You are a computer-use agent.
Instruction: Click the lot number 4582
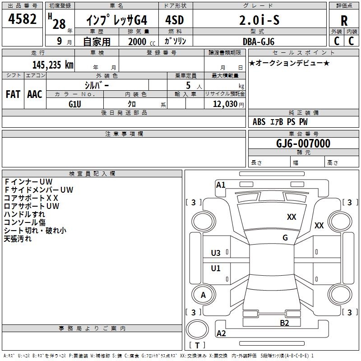pos(22,19)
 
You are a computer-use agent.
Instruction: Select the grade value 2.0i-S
pos(259,20)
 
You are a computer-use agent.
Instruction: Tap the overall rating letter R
pos(344,21)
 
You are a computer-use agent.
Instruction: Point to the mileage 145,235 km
pos(53,65)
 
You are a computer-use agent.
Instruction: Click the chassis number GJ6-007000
pos(303,143)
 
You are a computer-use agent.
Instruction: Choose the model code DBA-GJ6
pos(258,42)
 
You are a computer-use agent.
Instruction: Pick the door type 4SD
pos(175,20)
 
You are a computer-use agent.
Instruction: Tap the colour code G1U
pos(75,104)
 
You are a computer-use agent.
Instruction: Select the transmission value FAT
pos(13,94)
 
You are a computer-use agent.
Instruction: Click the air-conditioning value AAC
pos(35,94)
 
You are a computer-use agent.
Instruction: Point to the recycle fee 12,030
pos(225,104)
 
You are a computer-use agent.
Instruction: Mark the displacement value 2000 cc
pos(142,42)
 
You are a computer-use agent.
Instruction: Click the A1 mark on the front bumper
pos(221,185)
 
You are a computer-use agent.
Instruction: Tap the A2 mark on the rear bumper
pos(221,333)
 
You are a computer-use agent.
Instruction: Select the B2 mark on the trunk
pos(284,323)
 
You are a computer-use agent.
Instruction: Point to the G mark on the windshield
pos(285,238)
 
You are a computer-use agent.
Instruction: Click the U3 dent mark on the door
pos(216,253)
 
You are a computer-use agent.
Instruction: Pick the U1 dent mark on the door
pos(216,268)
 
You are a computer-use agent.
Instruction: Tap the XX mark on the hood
pos(292,217)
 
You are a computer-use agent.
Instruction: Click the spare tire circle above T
pos(197,329)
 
